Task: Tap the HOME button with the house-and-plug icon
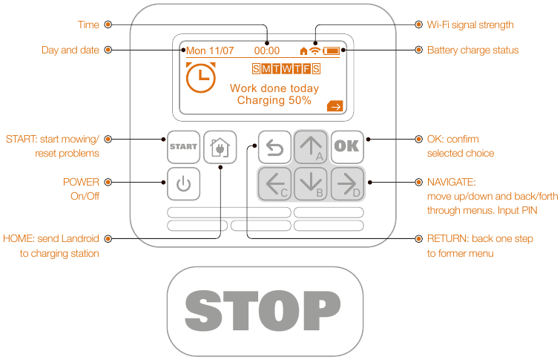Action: pyautogui.click(x=220, y=147)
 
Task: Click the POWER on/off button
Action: pyautogui.click(x=183, y=184)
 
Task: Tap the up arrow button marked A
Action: pyautogui.click(x=311, y=147)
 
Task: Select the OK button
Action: pyautogui.click(x=347, y=147)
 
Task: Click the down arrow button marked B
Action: pyautogui.click(x=311, y=184)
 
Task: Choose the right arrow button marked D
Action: pyautogui.click(x=347, y=184)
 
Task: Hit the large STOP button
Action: pyautogui.click(x=265, y=311)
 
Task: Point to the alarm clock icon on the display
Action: pyautogui.click(x=201, y=77)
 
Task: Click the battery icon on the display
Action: pyautogui.click(x=332, y=50)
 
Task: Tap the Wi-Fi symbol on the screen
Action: pyautogui.click(x=314, y=50)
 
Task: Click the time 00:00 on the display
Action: pyautogui.click(x=267, y=50)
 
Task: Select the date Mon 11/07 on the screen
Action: pyautogui.click(x=210, y=50)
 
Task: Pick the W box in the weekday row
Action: pyautogui.click(x=286, y=68)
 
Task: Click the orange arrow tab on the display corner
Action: pyautogui.click(x=335, y=106)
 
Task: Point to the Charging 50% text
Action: pyautogui.click(x=274, y=100)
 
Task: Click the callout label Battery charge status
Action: pyautogui.click(x=473, y=50)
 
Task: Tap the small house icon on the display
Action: pyautogui.click(x=303, y=51)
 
